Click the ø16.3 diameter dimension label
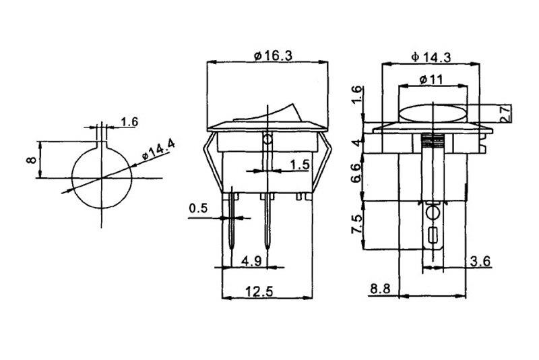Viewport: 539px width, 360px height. point(273,55)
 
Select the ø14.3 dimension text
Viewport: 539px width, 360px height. point(431,57)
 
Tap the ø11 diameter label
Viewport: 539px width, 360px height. point(431,80)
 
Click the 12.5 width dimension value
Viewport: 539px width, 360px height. point(259,292)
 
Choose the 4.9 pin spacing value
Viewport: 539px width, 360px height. point(251,261)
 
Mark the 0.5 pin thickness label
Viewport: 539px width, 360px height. point(198,208)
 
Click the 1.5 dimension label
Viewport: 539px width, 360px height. point(300,164)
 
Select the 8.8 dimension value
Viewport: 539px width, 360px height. point(380,289)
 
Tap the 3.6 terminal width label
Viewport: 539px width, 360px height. point(480,262)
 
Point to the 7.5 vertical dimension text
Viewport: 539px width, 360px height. point(357,224)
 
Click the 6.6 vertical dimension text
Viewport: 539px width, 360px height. point(357,173)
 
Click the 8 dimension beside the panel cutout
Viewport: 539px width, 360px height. point(31,160)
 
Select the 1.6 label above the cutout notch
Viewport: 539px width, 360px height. point(129,122)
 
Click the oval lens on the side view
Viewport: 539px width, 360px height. point(433,113)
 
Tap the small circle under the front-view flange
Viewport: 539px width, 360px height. point(267,140)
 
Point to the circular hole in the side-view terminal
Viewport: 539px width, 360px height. point(433,213)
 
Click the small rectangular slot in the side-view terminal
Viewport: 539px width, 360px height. point(433,235)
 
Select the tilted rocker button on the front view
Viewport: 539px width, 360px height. point(268,113)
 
